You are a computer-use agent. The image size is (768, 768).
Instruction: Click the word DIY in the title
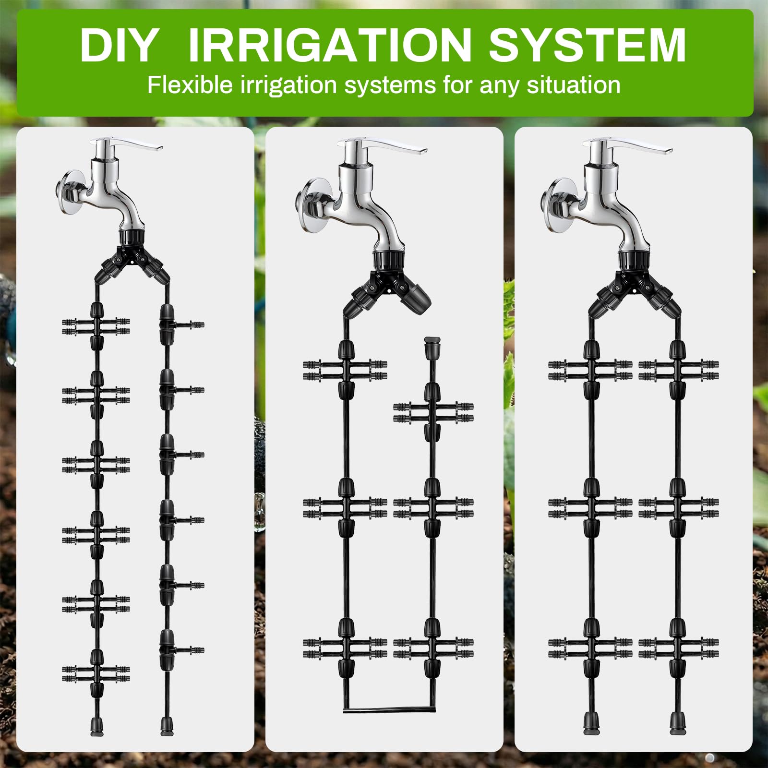tap(119, 45)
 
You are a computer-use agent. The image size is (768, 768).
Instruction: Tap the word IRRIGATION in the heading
tap(330, 45)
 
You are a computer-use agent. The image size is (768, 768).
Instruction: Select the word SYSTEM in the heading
tap(587, 45)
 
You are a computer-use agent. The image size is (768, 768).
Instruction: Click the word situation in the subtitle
tap(573, 85)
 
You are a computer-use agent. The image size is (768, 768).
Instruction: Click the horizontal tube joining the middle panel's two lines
tap(389, 710)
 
